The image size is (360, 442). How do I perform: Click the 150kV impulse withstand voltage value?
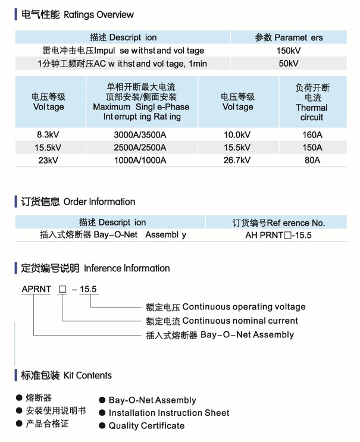pyautogui.click(x=289, y=51)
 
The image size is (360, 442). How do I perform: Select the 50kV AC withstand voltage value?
pyautogui.click(x=289, y=63)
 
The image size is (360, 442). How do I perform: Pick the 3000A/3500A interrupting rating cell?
pyautogui.click(x=140, y=134)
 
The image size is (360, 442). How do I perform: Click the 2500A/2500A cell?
pyautogui.click(x=140, y=148)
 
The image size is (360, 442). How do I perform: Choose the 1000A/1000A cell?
pyautogui.click(x=140, y=160)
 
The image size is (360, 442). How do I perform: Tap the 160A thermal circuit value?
pyautogui.click(x=312, y=134)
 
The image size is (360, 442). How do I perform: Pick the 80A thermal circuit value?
pyautogui.click(x=312, y=160)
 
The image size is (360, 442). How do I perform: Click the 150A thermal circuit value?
pyautogui.click(x=312, y=148)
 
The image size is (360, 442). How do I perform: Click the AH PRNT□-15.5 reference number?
pyautogui.click(x=278, y=235)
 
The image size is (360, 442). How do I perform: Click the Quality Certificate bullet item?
pyautogui.click(x=146, y=425)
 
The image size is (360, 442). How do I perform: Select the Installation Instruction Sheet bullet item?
pyautogui.click(x=168, y=413)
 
